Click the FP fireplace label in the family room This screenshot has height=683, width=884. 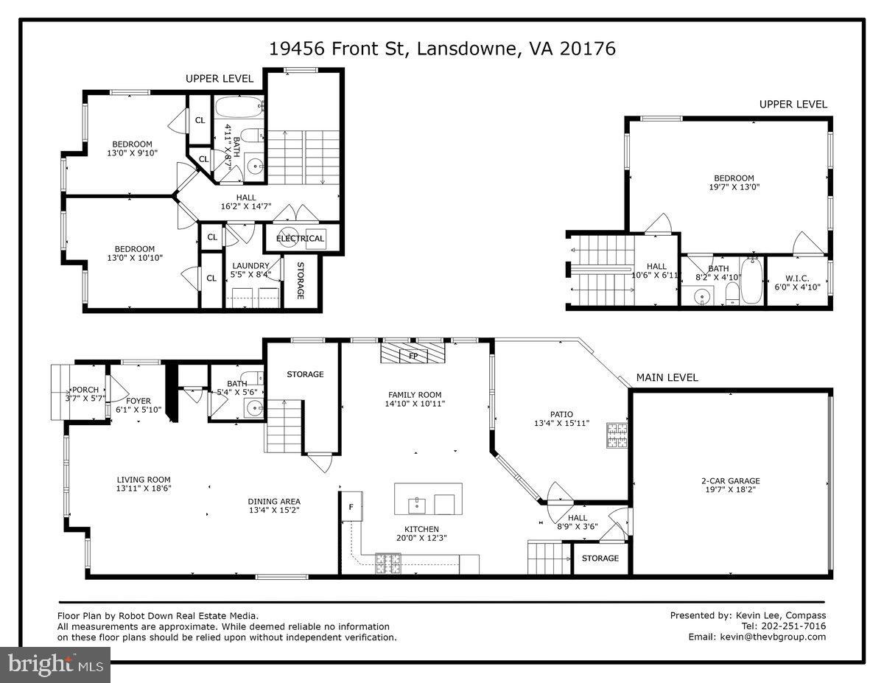tap(413, 357)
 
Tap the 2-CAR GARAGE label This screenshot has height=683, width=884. tap(731, 481)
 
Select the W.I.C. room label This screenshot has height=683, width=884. tap(797, 279)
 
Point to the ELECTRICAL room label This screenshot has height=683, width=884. tap(301, 239)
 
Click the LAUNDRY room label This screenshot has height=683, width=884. tap(250, 266)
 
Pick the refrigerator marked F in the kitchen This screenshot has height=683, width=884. tap(351, 506)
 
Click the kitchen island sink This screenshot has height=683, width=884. tap(417, 505)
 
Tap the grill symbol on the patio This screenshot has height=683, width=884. tap(617, 435)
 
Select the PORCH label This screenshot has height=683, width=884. tap(85, 390)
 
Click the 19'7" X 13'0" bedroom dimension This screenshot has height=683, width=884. tap(734, 187)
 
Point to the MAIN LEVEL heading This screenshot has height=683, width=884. tap(667, 377)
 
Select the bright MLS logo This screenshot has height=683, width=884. tap(55, 665)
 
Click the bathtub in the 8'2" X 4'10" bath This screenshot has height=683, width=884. tap(751, 281)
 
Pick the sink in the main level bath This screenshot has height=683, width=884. tap(255, 407)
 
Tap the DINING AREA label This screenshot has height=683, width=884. tap(274, 502)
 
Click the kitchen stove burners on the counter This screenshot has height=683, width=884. tap(387, 564)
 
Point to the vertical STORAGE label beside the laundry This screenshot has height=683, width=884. tap(301, 281)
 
